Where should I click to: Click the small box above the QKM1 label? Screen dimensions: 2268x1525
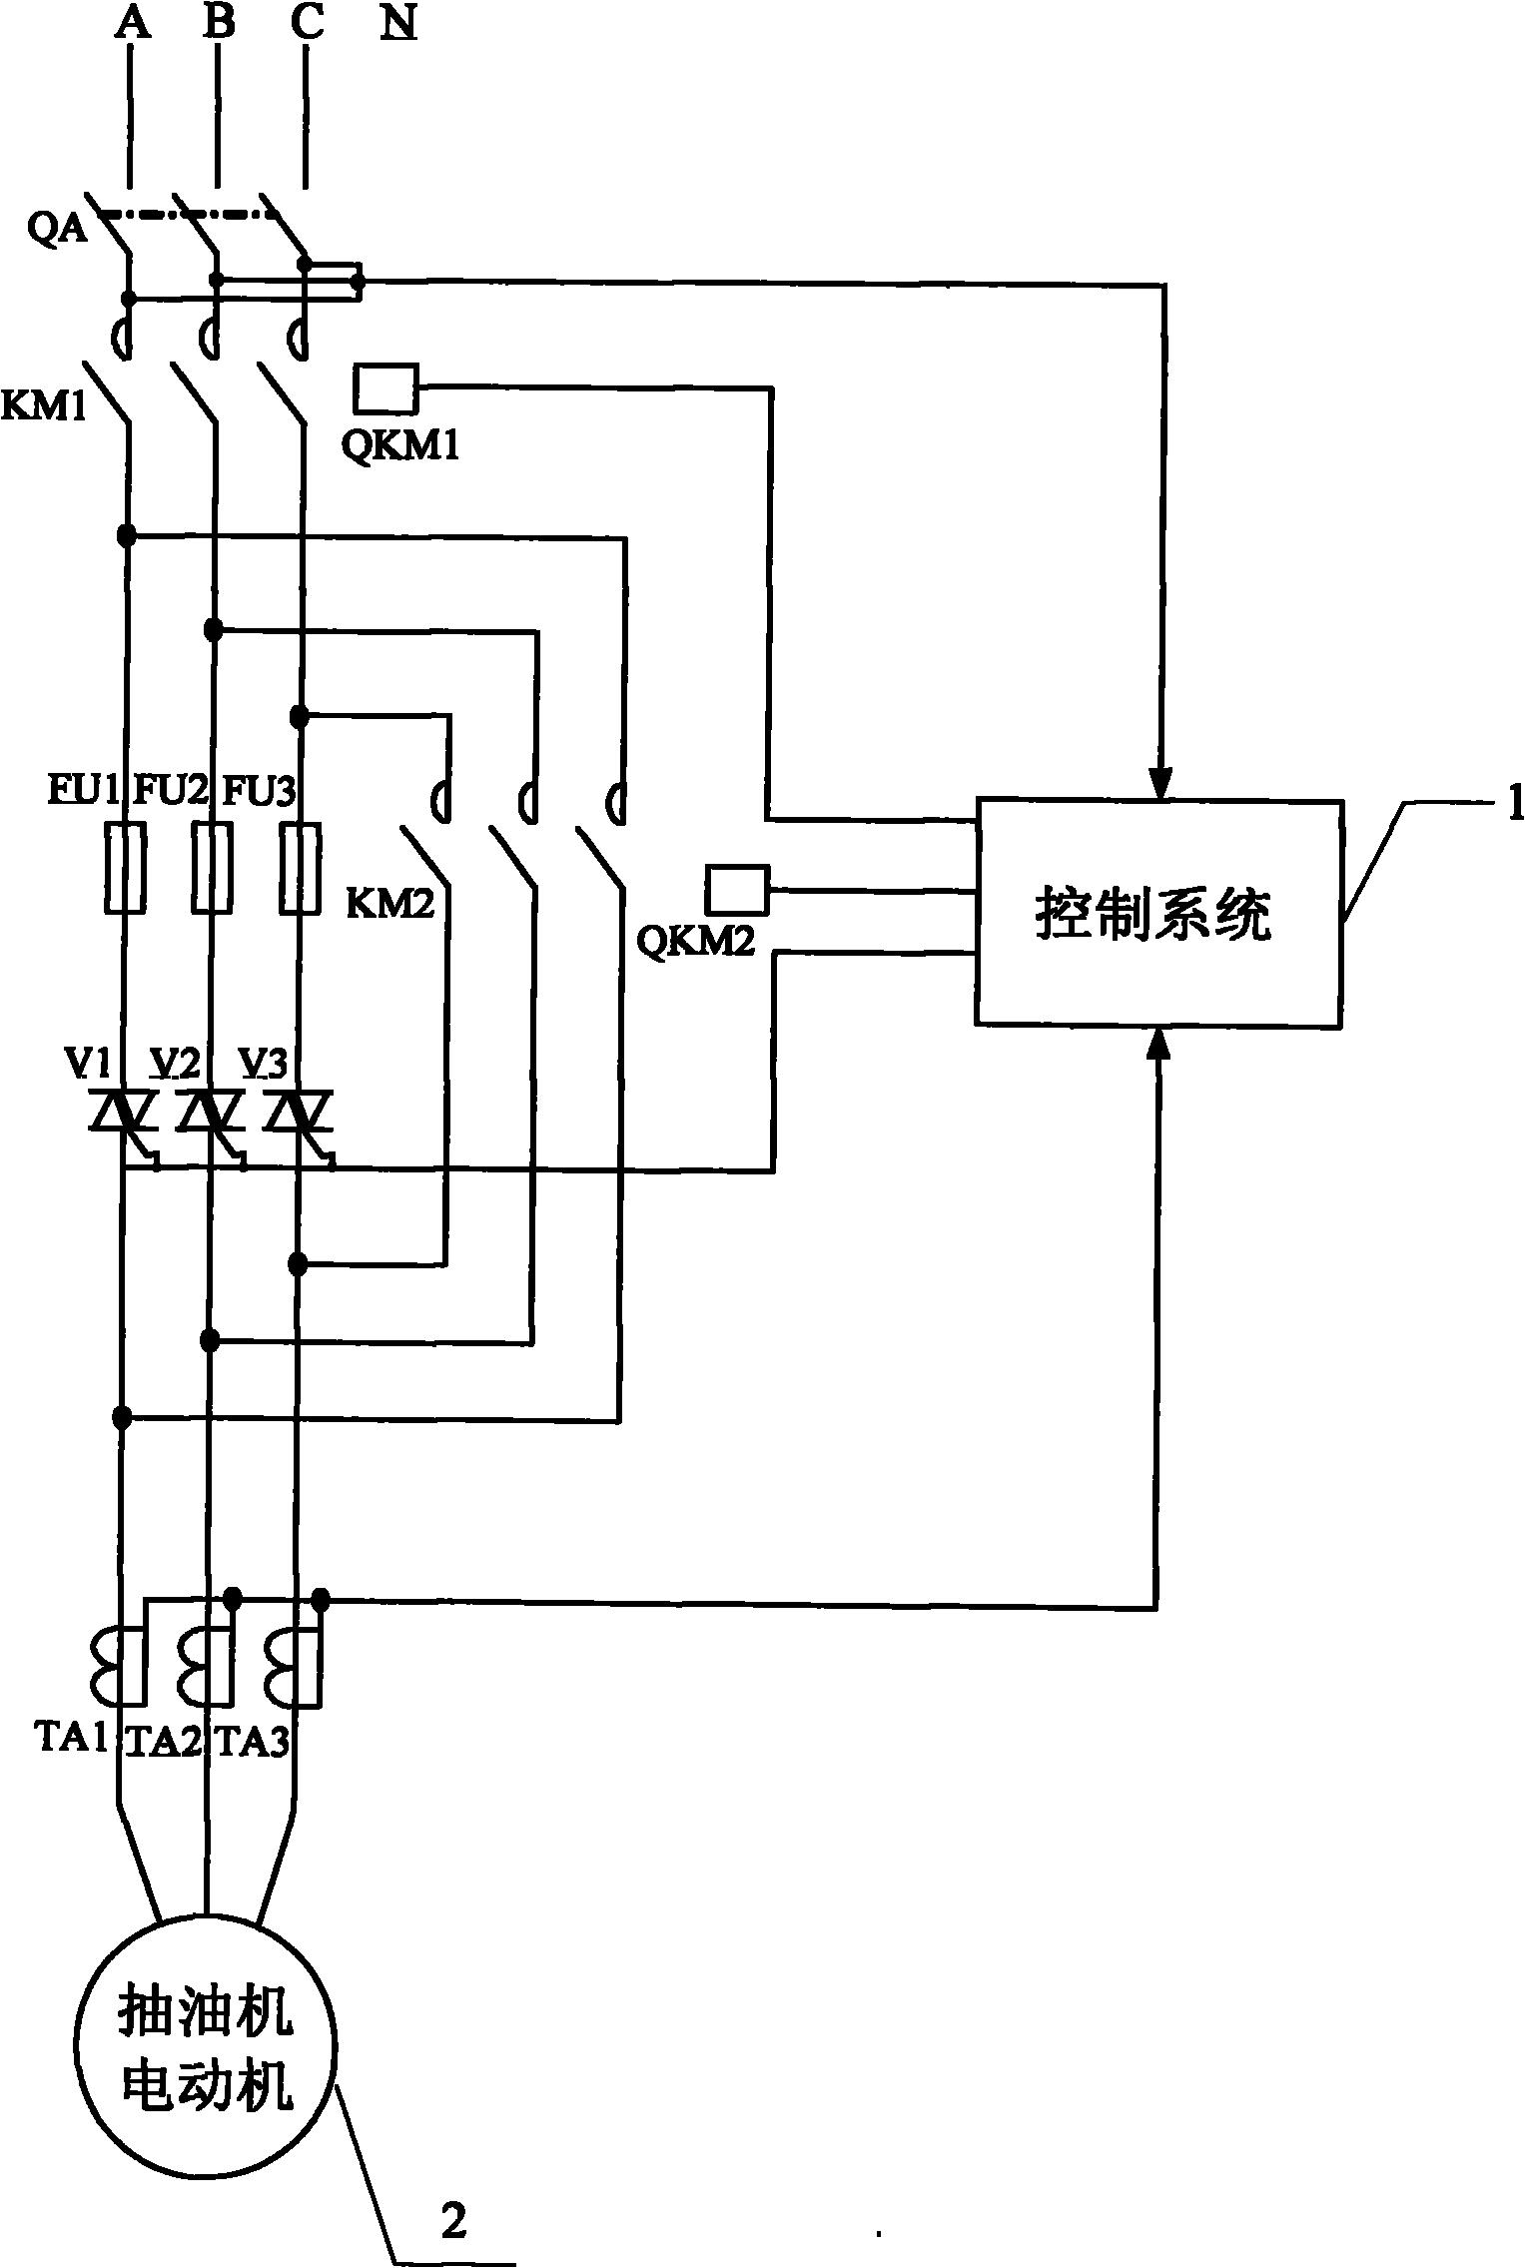(x=385, y=389)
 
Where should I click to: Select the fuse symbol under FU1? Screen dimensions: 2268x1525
(x=125, y=868)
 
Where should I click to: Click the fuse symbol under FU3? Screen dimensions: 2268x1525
(x=300, y=868)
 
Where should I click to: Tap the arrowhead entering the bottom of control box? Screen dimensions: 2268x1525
(x=1158, y=1043)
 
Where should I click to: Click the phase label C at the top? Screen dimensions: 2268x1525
(x=307, y=23)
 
